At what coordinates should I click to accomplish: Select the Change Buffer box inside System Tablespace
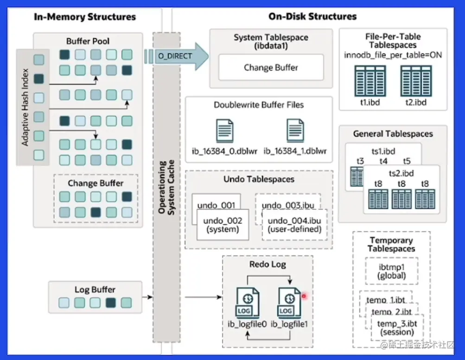coord(271,68)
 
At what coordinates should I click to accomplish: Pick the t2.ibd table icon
coord(415,81)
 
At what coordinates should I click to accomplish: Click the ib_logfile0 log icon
coord(247,303)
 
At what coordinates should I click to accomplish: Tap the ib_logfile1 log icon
coord(289,303)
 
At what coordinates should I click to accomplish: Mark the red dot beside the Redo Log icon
coord(304,296)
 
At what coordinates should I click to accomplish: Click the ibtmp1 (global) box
coord(391,272)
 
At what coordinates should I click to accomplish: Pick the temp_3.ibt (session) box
coord(396,328)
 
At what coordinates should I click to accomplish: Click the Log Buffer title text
coord(95,290)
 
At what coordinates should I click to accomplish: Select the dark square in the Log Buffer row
coord(110,303)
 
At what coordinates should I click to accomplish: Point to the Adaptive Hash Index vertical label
coord(25,107)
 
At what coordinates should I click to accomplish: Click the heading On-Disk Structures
coord(312,17)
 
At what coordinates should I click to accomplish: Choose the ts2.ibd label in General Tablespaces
coord(401,173)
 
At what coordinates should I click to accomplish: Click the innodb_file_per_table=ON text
coord(393,55)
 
